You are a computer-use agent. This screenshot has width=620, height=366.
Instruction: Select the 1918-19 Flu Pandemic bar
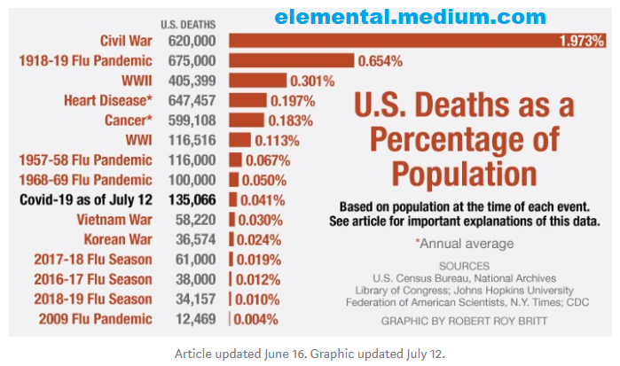point(292,61)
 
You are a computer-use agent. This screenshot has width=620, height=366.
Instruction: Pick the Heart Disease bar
point(247,100)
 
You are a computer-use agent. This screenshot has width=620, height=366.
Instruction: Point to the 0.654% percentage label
point(381,61)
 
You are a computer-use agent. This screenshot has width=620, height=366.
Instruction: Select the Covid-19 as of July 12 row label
point(84,199)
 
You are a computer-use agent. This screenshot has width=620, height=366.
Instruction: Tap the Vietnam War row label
point(114,220)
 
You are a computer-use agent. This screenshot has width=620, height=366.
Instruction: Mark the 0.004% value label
point(256,319)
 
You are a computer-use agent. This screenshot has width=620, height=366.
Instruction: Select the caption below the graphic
point(310,352)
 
